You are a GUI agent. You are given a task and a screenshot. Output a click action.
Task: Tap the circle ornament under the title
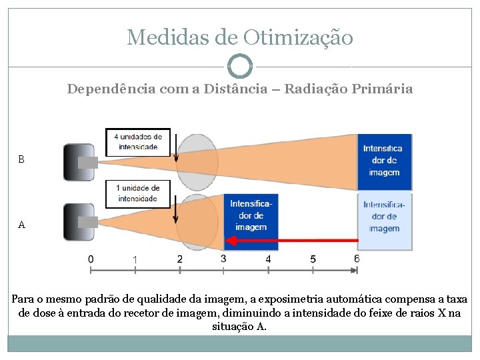point(240,67)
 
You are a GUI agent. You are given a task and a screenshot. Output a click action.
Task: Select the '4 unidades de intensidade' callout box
point(138,141)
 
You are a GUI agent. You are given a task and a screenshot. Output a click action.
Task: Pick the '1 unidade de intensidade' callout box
point(138,193)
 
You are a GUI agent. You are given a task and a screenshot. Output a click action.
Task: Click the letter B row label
point(21,160)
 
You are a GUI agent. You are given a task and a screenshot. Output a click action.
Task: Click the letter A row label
point(21,225)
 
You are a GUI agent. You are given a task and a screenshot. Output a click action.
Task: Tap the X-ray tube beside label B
point(79,162)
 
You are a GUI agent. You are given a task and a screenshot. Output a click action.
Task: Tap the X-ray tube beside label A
point(79,222)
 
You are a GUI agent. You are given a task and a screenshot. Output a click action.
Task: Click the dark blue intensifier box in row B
point(385,162)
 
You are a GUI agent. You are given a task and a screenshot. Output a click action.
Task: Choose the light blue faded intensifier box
point(385,221)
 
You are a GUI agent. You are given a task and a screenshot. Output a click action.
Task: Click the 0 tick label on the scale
point(91,259)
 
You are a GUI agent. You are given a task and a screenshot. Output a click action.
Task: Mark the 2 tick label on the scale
point(179,259)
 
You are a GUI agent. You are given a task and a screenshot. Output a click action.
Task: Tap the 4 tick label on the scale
point(268,259)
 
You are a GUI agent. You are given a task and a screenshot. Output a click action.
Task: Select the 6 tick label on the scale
point(357,259)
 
